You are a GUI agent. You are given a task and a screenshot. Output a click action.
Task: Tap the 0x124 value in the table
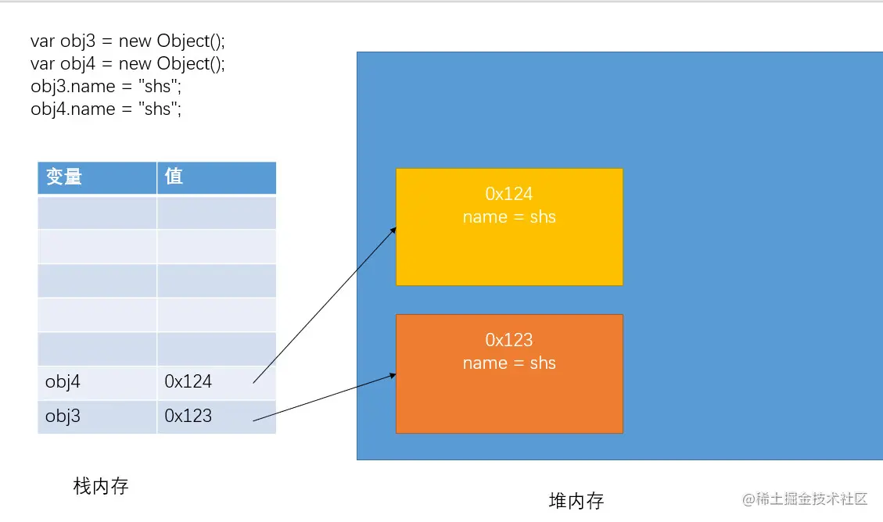[x=188, y=382]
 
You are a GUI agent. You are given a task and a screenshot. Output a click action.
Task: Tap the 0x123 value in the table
[x=188, y=416]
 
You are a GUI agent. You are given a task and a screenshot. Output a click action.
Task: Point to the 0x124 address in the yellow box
[x=509, y=194]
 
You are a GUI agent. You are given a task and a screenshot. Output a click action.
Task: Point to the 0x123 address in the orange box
[x=509, y=340]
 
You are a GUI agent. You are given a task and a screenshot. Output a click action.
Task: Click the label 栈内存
[x=101, y=486]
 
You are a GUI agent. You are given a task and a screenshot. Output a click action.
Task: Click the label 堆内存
[x=576, y=501]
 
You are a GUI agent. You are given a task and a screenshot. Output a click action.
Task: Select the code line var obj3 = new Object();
[x=127, y=41]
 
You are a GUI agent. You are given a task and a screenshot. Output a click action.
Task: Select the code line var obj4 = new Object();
[x=127, y=63]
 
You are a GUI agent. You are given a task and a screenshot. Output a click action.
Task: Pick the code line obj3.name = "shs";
[x=106, y=87]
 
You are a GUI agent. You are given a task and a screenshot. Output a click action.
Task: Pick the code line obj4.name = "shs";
[x=106, y=109]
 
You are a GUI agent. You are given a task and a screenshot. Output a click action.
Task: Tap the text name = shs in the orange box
[x=509, y=363]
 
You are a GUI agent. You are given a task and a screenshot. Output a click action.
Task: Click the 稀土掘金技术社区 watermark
[x=805, y=499]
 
